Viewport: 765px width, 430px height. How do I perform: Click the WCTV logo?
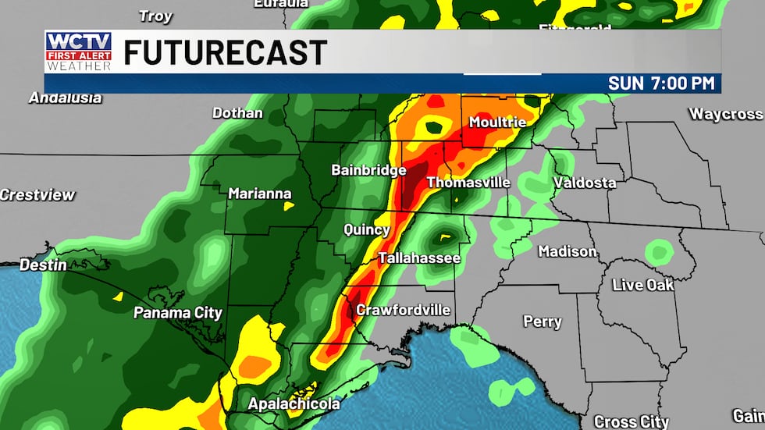(78, 52)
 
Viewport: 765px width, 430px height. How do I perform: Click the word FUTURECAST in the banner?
(225, 53)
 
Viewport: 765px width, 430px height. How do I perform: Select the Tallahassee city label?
(419, 258)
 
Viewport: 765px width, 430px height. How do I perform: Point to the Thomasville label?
(468, 183)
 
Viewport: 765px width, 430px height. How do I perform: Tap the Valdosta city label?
(584, 183)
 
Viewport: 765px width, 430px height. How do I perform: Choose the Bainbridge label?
(368, 170)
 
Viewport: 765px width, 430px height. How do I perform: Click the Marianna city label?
(260, 194)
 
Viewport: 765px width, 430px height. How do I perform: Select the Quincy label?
(367, 229)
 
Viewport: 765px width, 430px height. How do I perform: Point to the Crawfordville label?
(403, 310)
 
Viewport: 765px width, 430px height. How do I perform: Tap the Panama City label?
(178, 313)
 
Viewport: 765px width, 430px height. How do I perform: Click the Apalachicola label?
(294, 403)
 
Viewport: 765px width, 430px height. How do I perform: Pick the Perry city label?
(542, 322)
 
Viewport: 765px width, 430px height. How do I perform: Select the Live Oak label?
(642, 285)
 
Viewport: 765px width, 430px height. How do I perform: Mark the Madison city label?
(568, 251)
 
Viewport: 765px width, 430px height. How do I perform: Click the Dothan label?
(238, 113)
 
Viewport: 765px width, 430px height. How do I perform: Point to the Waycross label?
(725, 114)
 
